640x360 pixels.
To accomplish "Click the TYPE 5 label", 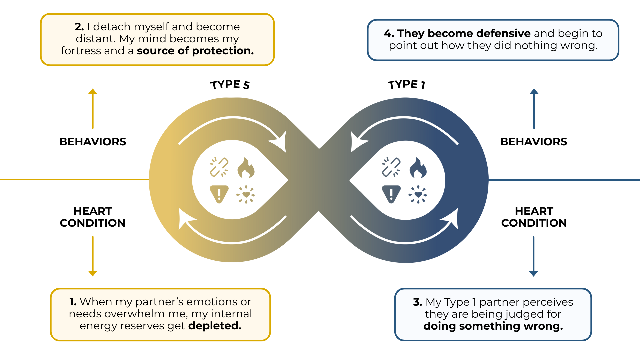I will point(230,85).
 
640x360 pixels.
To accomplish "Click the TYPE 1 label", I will point(406,85).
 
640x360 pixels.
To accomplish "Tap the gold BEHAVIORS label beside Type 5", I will point(93,142).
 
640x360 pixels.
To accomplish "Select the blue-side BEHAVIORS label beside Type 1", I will point(534,142).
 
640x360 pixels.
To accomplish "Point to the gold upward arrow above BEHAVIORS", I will point(93,108).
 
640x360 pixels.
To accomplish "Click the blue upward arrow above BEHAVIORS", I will point(534,108).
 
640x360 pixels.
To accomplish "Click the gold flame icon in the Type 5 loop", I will point(246,168).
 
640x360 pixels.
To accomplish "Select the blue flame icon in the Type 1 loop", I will point(418,168).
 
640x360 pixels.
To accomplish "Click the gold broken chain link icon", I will point(219,167).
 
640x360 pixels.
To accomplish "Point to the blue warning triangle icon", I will point(391,194).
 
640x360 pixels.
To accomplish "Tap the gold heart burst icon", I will point(246,194).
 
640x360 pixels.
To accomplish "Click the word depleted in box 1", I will point(215,326).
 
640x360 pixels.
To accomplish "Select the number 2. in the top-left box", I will point(79,27).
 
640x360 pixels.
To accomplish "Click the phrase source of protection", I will point(195,51).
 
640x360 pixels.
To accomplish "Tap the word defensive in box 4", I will point(503,33).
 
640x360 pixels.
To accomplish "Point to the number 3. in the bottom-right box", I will point(418,302).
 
